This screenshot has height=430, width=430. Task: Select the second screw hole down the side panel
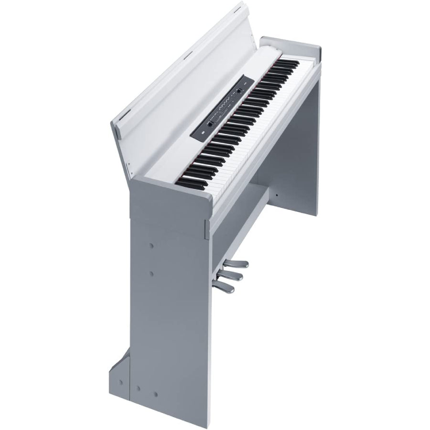pyautogui.click(x=151, y=273)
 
